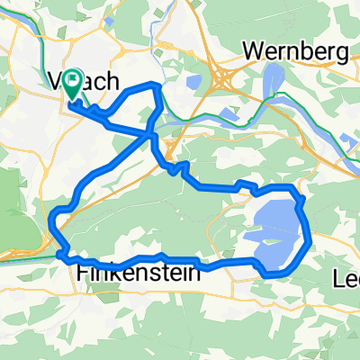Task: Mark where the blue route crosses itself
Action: [x=150, y=134]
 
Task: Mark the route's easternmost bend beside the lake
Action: [x=310, y=241]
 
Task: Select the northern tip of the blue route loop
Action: [x=157, y=85]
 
